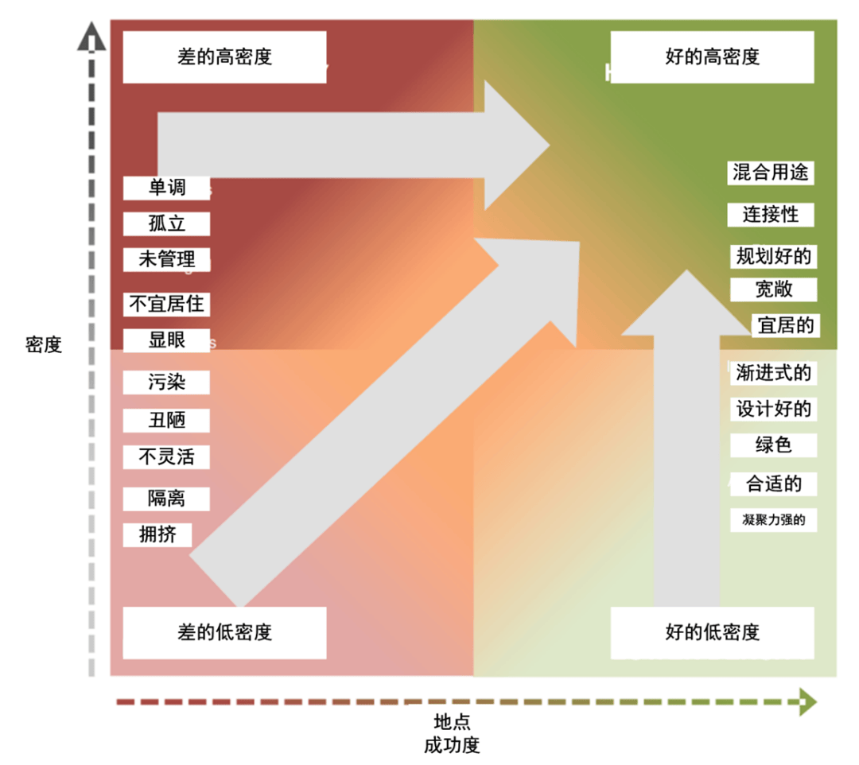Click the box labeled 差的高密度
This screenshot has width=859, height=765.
click(224, 57)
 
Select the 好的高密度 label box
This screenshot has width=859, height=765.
click(712, 57)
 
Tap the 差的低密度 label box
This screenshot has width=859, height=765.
click(224, 632)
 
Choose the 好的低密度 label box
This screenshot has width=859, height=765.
click(712, 632)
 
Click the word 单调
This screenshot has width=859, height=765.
click(166, 188)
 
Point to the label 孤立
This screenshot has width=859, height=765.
click(166, 223)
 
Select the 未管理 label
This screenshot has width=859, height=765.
click(166, 259)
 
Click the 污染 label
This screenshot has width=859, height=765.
click(166, 382)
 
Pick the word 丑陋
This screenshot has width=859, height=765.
click(166, 420)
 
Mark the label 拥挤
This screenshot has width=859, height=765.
click(157, 534)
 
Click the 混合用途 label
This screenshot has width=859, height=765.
click(771, 173)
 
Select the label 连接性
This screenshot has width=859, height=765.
click(770, 215)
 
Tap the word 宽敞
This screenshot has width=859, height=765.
click(773, 289)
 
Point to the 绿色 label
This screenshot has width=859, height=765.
click(773, 445)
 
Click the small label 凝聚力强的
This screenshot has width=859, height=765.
click(773, 521)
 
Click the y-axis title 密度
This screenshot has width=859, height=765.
click(44, 345)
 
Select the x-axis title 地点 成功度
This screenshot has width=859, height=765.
click(452, 733)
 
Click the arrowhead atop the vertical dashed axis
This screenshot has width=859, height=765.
click(92, 37)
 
